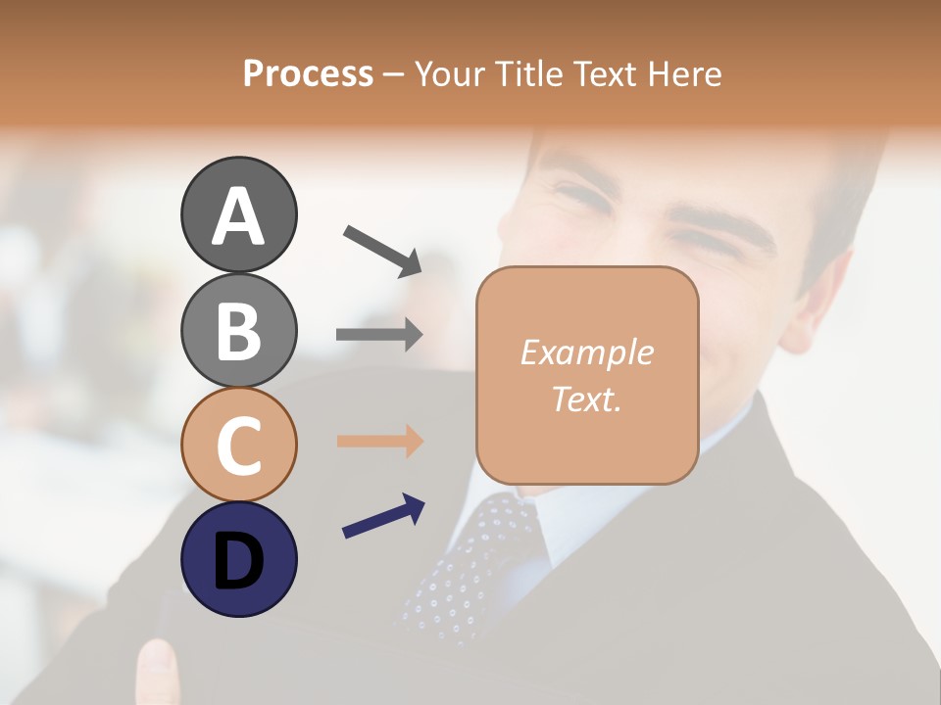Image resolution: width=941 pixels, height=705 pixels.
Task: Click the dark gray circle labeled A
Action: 238,214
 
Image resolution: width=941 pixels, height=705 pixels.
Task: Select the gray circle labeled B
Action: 238,330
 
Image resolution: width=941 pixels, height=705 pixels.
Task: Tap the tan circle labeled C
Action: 238,445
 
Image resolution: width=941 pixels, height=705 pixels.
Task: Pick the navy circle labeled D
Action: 238,559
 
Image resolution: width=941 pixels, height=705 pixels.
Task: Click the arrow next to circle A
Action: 383,251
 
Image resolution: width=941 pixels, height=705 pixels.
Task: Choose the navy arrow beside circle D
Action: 383,515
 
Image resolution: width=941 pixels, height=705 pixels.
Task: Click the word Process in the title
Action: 308,74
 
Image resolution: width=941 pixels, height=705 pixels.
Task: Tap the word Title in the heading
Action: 527,74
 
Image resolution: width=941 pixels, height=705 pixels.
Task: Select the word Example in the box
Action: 586,352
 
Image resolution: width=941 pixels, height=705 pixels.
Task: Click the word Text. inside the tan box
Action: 586,399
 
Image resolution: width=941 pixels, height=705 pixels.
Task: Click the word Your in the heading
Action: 450,74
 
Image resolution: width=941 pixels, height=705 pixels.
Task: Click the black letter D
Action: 238,560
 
